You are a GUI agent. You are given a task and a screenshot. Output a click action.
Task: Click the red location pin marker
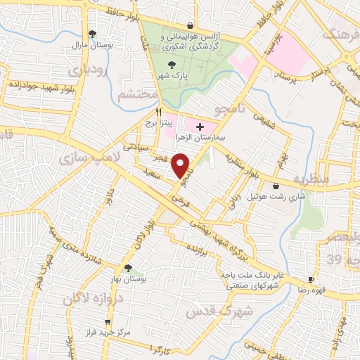(182, 165)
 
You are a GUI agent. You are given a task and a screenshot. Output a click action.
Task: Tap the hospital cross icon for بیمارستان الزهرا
(200, 127)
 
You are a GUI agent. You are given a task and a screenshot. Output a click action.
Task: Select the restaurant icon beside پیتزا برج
(160, 112)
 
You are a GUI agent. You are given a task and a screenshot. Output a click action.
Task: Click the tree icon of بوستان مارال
(92, 33)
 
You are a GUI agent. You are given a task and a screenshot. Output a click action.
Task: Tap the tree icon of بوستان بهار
(127, 268)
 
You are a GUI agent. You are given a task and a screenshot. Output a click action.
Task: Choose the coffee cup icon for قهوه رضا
(311, 279)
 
